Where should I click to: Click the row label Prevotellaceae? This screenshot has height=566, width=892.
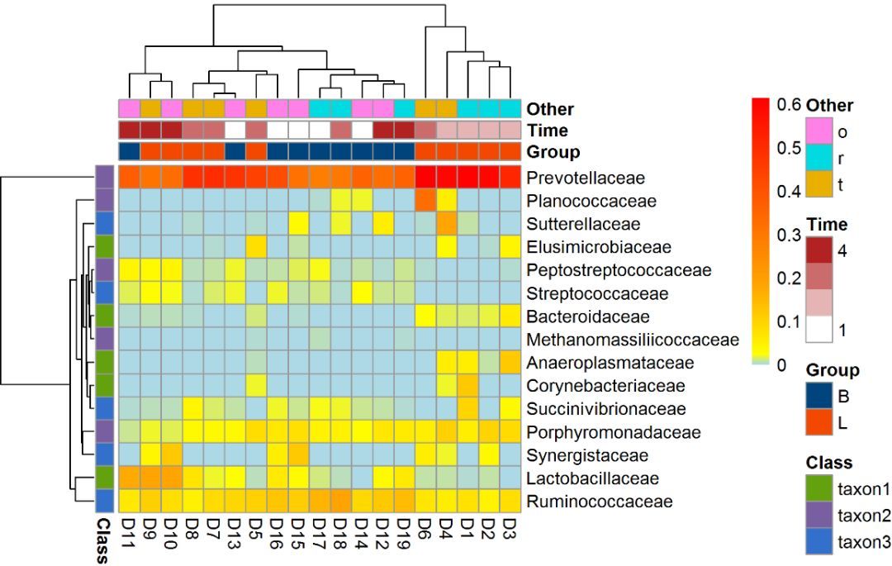tap(586, 178)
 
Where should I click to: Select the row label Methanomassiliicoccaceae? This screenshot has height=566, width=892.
tap(633, 340)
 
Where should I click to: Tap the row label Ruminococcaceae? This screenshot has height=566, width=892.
tap(600, 502)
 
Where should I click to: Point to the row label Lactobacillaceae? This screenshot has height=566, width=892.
tap(592, 478)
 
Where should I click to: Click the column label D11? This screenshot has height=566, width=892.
tap(129, 533)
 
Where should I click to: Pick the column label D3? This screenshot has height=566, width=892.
tap(510, 528)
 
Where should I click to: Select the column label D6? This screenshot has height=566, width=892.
tap(425, 528)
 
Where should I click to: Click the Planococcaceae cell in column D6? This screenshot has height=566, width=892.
tap(425, 201)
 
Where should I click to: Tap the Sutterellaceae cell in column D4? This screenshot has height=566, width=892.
tap(447, 224)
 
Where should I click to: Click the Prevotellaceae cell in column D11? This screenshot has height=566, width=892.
tap(129, 178)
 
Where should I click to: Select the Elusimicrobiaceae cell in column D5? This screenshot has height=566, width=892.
tap(256, 247)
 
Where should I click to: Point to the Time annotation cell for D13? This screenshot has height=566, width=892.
tap(235, 131)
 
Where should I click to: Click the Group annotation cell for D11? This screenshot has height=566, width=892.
tap(129, 152)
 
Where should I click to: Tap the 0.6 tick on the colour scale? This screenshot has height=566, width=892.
tap(788, 105)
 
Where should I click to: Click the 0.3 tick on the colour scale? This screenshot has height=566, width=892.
tap(788, 235)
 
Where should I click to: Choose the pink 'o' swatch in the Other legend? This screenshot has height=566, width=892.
tap(819, 131)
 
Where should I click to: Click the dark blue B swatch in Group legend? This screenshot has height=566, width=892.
tap(819, 396)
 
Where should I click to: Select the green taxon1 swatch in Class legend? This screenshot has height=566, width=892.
tap(819, 488)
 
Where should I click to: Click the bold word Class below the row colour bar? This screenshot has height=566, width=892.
tap(103, 540)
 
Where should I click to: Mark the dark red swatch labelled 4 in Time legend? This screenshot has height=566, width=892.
tap(819, 250)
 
